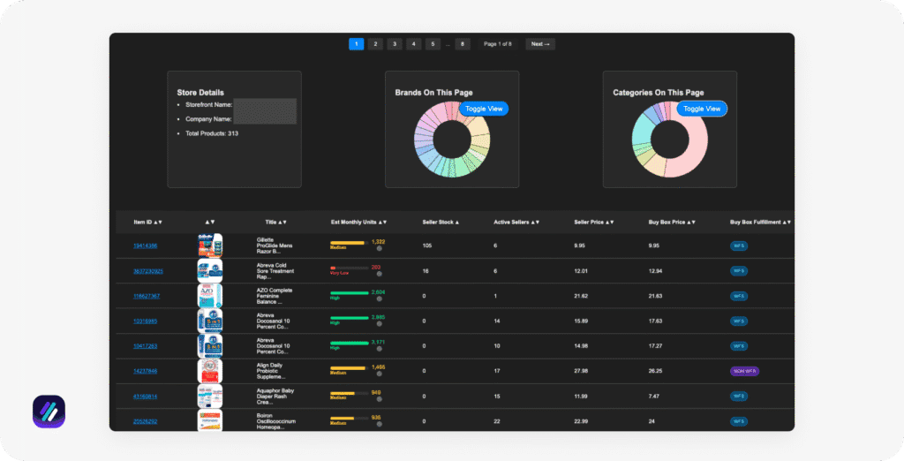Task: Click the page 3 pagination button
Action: (395, 44)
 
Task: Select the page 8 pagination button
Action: (463, 44)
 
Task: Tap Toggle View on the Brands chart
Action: (484, 109)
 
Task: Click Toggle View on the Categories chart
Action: (703, 109)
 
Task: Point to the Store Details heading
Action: (200, 92)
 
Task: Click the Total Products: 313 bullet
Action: (212, 133)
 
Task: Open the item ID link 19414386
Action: (146, 246)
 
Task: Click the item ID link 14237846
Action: (146, 372)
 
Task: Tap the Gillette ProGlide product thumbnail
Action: (210, 246)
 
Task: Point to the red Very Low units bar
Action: (333, 268)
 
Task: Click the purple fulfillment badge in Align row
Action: (744, 372)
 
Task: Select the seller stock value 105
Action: (427, 246)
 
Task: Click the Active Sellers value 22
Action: (497, 421)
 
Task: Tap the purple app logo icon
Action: (49, 412)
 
